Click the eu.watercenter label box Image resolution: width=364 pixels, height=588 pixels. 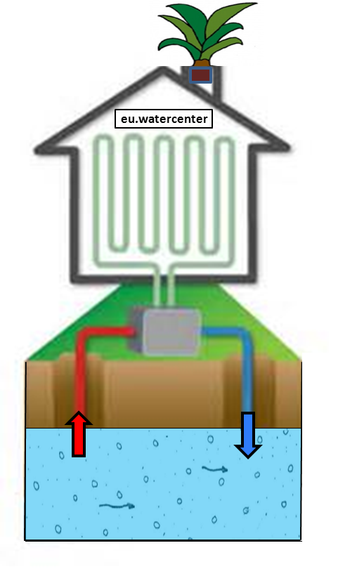tap(164, 119)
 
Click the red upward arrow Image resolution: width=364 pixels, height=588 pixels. tap(79, 433)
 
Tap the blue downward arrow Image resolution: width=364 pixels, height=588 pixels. tap(248, 435)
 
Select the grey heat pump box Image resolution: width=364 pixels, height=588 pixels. tap(165, 331)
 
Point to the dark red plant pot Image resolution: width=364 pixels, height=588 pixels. tap(200, 75)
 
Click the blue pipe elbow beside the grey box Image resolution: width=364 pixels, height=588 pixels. tap(240, 334)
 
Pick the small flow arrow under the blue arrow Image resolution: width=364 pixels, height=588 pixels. tap(214, 469)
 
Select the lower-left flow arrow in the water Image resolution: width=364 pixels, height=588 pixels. tap(117, 506)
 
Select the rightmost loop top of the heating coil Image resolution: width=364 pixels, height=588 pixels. tap(225, 141)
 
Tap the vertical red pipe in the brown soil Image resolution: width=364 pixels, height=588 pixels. tap(79, 375)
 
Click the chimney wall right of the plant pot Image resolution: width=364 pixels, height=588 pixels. tap(217, 84)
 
